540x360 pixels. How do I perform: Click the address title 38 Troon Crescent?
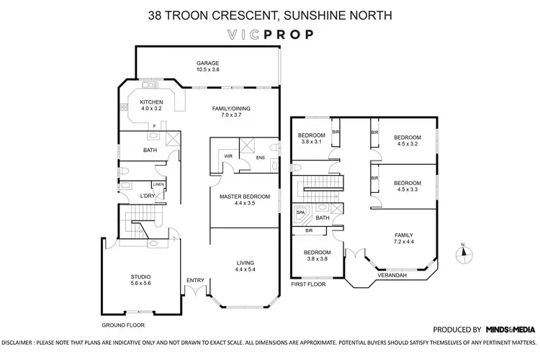[270, 14]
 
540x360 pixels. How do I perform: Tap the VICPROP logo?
[270, 34]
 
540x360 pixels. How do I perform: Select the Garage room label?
[208, 66]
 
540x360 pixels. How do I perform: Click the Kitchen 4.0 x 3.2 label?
[151, 106]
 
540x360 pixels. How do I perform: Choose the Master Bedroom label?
[245, 200]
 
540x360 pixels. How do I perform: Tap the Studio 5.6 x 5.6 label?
[140, 279]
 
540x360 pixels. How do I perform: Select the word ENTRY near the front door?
[194, 280]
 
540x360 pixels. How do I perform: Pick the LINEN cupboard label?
[158, 184]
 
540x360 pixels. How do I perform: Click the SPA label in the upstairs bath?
[297, 213]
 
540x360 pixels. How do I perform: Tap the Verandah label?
[392, 275]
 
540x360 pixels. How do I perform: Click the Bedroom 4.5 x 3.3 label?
[408, 187]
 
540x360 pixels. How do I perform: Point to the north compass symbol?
[464, 251]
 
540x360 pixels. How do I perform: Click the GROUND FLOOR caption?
[120, 325]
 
